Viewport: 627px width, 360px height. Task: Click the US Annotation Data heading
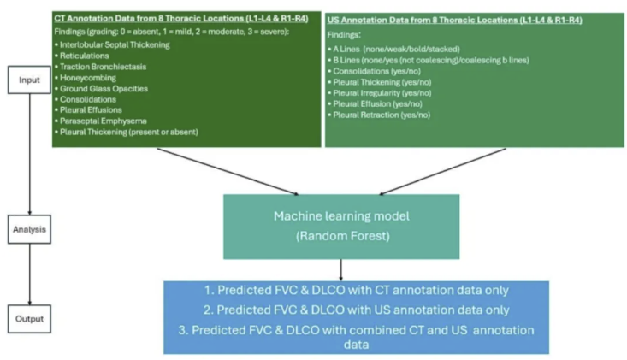tap(456, 19)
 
